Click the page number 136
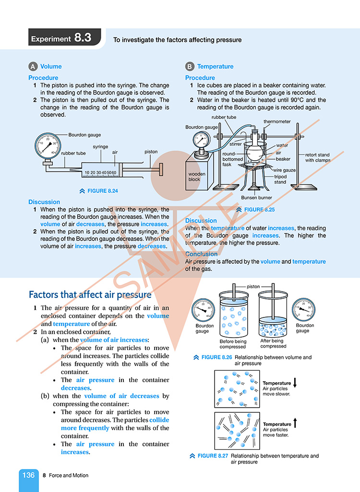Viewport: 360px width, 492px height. click(28, 475)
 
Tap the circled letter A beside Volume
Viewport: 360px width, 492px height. click(33, 67)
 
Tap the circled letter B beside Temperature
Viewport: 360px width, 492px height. click(190, 67)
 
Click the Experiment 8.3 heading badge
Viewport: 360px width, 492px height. click(64, 38)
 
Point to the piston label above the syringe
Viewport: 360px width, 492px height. click(151, 152)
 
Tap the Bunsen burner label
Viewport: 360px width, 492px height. click(256, 198)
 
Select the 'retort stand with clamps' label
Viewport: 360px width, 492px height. click(317, 157)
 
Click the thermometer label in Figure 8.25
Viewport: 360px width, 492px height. click(277, 122)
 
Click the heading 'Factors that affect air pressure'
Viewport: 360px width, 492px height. click(90, 294)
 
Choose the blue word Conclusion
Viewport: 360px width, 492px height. click(201, 254)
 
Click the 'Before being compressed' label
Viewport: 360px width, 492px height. click(233, 344)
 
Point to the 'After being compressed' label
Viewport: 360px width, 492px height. click(273, 343)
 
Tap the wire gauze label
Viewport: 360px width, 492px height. click(285, 170)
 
